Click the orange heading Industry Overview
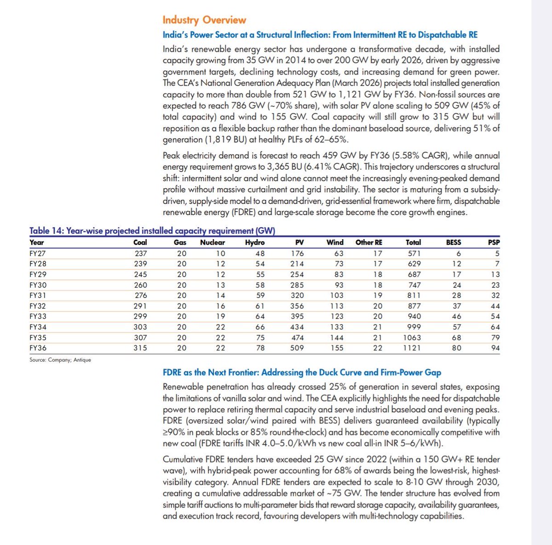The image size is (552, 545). point(204,20)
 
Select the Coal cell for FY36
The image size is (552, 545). point(140,348)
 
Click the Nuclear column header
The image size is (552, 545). point(213,242)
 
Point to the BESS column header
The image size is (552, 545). point(453,242)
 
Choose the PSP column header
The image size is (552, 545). point(494,242)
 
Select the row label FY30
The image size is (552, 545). point(38,285)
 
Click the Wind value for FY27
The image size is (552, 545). point(338,253)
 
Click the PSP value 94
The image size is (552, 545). point(495,348)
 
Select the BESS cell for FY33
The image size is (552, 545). point(456,316)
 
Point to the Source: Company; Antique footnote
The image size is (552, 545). point(60,360)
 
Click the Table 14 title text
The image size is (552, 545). point(152,231)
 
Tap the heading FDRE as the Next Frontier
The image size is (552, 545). point(302,373)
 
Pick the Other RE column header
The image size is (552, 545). point(368,242)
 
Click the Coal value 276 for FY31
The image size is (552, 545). point(140,295)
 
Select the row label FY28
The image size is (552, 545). point(38,264)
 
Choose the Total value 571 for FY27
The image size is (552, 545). point(414,253)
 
